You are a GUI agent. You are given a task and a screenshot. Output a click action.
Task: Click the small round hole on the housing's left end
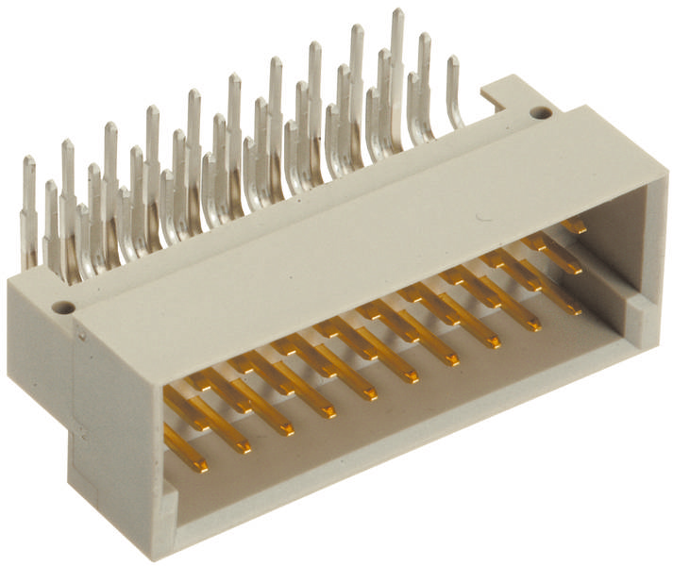(62, 307)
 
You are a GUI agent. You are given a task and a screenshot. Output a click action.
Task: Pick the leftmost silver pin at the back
(29, 208)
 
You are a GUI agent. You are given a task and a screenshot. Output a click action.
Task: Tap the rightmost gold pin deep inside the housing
(574, 226)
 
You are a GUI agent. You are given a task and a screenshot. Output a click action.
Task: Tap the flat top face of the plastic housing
(359, 236)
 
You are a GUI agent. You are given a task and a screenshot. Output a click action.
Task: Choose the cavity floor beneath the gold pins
(396, 396)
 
